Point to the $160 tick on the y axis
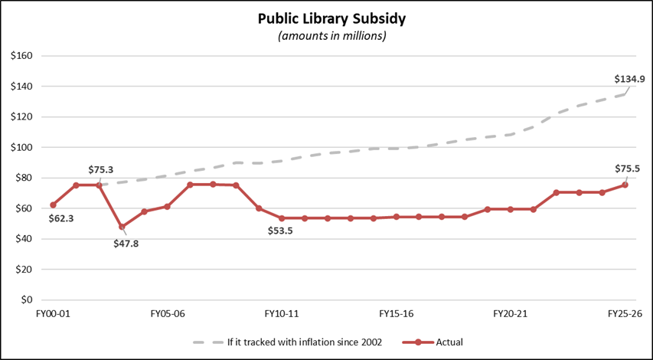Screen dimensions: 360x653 (21, 56)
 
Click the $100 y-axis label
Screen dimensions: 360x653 (21, 147)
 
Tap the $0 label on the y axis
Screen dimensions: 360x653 (26, 299)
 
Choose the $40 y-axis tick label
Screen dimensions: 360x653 (23, 239)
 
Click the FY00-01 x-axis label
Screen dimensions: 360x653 (53, 314)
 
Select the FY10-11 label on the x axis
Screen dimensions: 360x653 (281, 314)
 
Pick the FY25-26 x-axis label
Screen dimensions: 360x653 (624, 314)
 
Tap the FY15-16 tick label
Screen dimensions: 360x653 (396, 314)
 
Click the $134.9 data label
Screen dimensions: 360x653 (630, 79)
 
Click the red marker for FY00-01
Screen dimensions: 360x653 (53, 205)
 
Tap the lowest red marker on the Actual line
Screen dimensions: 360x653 (122, 227)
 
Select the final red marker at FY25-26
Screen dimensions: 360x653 (624, 185)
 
